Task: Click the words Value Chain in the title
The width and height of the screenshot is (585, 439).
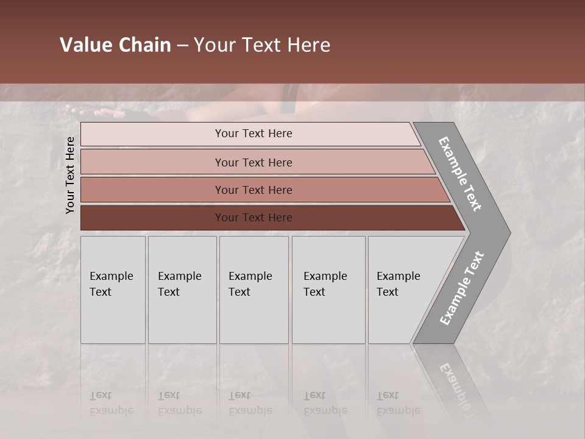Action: click(115, 45)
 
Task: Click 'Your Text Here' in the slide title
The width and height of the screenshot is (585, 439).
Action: click(262, 45)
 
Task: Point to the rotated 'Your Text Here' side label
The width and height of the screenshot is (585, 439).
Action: click(70, 176)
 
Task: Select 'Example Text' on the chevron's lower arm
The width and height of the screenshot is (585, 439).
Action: click(462, 288)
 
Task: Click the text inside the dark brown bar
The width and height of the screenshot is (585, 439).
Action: click(253, 218)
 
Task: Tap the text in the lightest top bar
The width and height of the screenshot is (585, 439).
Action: click(253, 134)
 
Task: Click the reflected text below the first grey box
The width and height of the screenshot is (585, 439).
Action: click(112, 403)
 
